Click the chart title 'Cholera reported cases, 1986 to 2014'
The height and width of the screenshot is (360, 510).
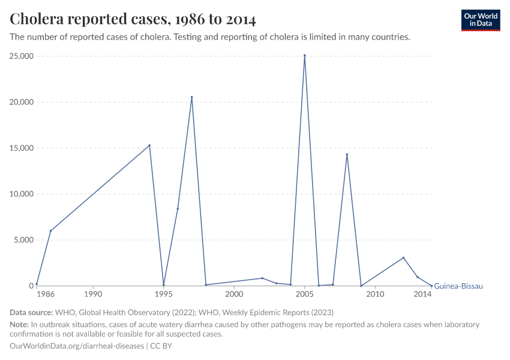tap(133, 20)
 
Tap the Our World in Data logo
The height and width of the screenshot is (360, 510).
tap(480, 20)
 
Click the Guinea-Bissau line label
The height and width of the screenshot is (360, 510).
tap(458, 286)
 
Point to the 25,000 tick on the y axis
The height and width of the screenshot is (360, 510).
tap(22, 56)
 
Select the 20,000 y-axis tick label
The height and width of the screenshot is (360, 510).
tap(22, 102)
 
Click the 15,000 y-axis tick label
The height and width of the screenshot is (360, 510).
tap(22, 148)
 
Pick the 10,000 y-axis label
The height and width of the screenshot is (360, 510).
tap(22, 194)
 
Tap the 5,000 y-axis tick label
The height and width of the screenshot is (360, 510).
tap(23, 240)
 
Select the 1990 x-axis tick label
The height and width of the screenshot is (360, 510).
tap(93, 295)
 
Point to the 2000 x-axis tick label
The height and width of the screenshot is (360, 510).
tap(234, 295)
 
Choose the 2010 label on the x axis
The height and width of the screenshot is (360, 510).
tap(375, 295)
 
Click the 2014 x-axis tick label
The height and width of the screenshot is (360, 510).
tap(423, 295)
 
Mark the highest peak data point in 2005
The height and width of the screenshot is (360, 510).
tap(305, 55)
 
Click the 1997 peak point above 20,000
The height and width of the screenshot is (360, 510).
tap(192, 97)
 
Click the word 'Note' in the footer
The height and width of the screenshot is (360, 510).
tap(19, 325)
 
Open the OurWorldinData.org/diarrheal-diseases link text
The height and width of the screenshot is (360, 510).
tap(77, 346)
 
